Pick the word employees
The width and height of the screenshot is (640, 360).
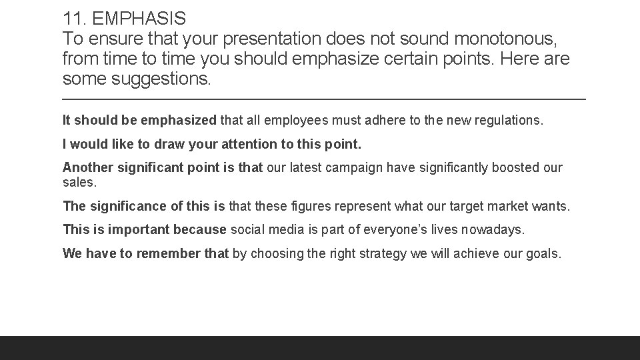(295, 121)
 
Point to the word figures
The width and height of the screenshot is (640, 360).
(317, 207)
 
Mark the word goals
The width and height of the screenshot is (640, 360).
(546, 253)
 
